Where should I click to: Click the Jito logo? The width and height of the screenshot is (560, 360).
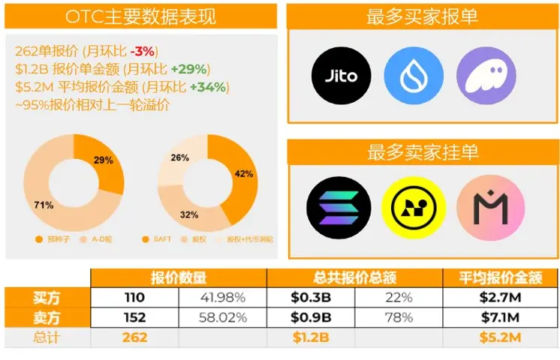click(342, 75)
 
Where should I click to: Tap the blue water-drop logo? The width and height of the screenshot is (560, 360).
click(414, 75)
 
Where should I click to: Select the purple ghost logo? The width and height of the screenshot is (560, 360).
click(486, 75)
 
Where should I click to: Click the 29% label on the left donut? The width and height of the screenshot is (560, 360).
click(104, 160)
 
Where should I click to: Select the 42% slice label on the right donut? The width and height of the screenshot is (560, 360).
click(244, 174)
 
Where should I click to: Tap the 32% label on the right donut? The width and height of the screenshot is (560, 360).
click(189, 214)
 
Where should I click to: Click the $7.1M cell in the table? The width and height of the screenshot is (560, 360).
click(500, 317)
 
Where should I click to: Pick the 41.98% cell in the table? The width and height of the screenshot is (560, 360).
click(223, 298)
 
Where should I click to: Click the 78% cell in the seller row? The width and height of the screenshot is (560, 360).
click(397, 317)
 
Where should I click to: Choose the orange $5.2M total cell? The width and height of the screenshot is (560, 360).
click(500, 337)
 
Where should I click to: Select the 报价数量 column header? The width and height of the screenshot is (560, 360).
click(179, 278)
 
